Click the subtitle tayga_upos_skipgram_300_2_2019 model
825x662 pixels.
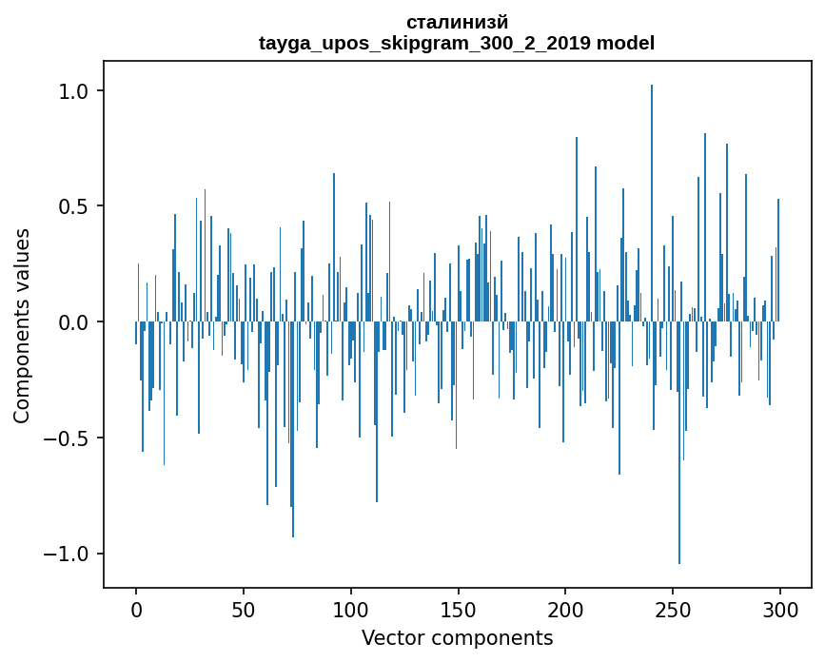pyautogui.click(x=457, y=43)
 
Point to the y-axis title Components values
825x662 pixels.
pyautogui.click(x=22, y=325)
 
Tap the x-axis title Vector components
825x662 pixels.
pyautogui.click(x=457, y=637)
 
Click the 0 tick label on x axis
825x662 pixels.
pyautogui.click(x=136, y=609)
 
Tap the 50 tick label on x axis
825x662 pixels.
pyautogui.click(x=244, y=609)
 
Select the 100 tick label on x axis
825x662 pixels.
pyautogui.click(x=351, y=609)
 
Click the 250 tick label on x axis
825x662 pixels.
pyautogui.click(x=673, y=609)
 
